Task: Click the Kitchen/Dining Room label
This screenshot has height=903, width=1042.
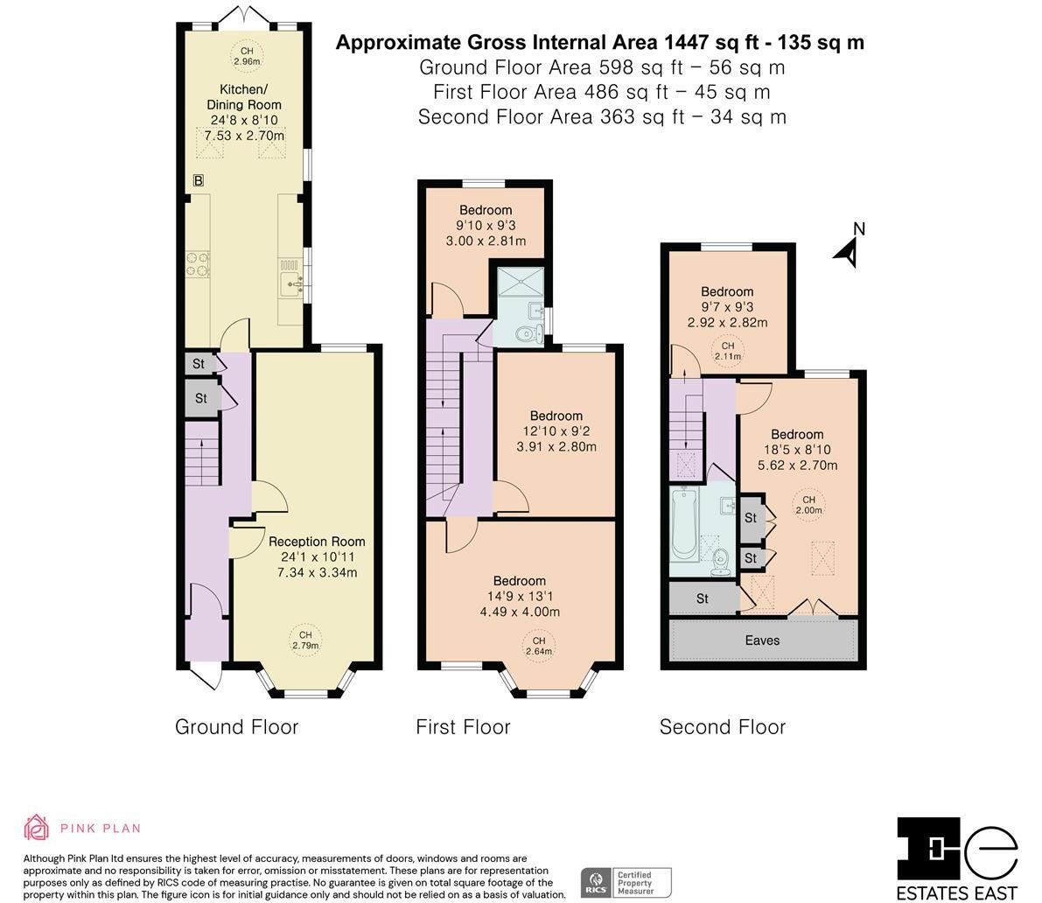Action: [244, 97]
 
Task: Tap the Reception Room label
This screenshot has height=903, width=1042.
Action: [317, 542]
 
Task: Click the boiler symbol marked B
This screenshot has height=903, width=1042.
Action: [198, 180]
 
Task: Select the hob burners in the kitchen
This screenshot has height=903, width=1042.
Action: [198, 263]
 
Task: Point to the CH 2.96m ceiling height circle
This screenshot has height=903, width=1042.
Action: [247, 56]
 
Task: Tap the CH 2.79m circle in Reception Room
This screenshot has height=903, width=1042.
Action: [305, 640]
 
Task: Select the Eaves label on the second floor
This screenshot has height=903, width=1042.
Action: [762, 640]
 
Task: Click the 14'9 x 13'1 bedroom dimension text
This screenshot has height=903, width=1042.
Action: [520, 596]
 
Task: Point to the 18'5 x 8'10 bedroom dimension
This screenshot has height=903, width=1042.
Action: [797, 450]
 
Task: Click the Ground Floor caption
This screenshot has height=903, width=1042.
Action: [236, 727]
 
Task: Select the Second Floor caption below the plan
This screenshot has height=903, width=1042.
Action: [723, 727]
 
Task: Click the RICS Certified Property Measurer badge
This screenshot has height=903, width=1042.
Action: [626, 882]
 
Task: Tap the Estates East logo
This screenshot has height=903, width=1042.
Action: [957, 858]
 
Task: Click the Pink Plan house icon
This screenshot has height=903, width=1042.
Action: [37, 828]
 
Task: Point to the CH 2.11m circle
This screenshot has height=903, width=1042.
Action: [728, 351]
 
